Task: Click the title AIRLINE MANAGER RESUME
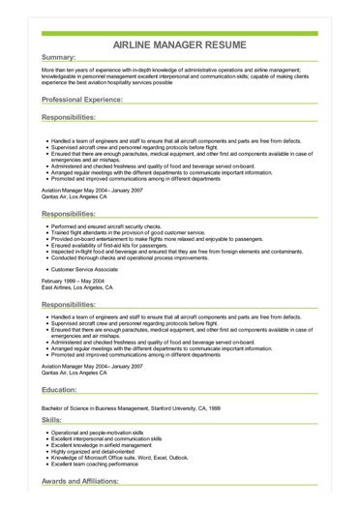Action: point(179,45)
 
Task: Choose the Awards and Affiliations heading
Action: point(92,481)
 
